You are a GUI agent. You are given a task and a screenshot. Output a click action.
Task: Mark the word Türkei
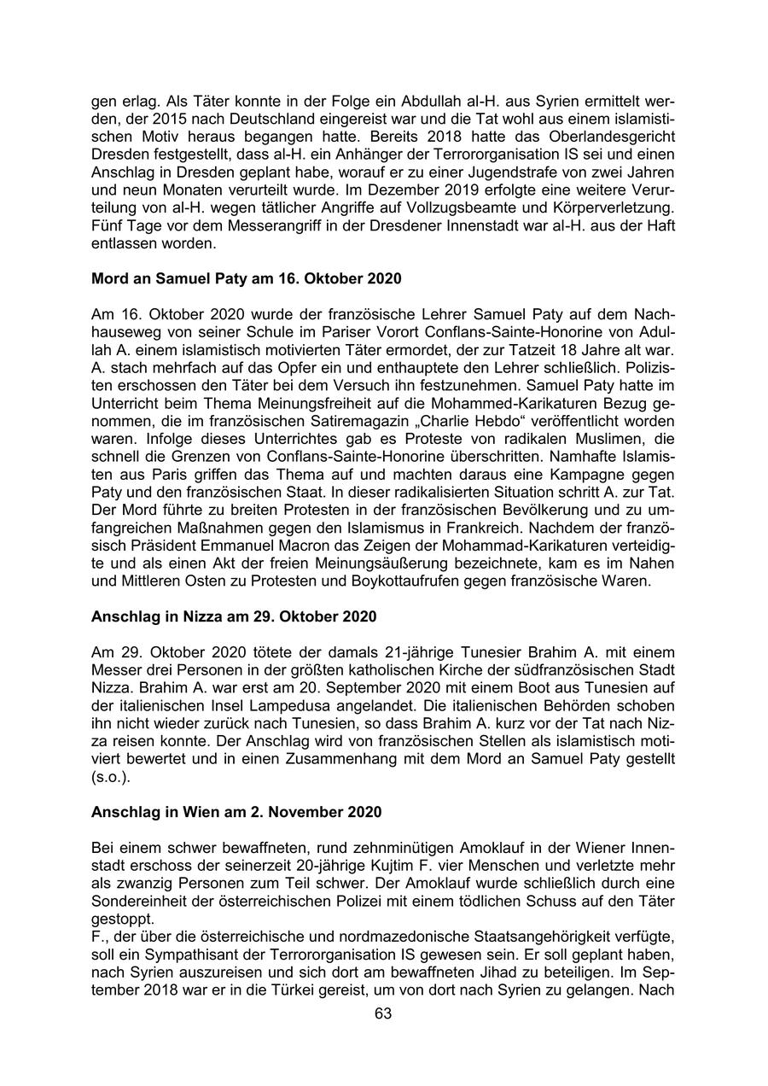pos(323,990)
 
